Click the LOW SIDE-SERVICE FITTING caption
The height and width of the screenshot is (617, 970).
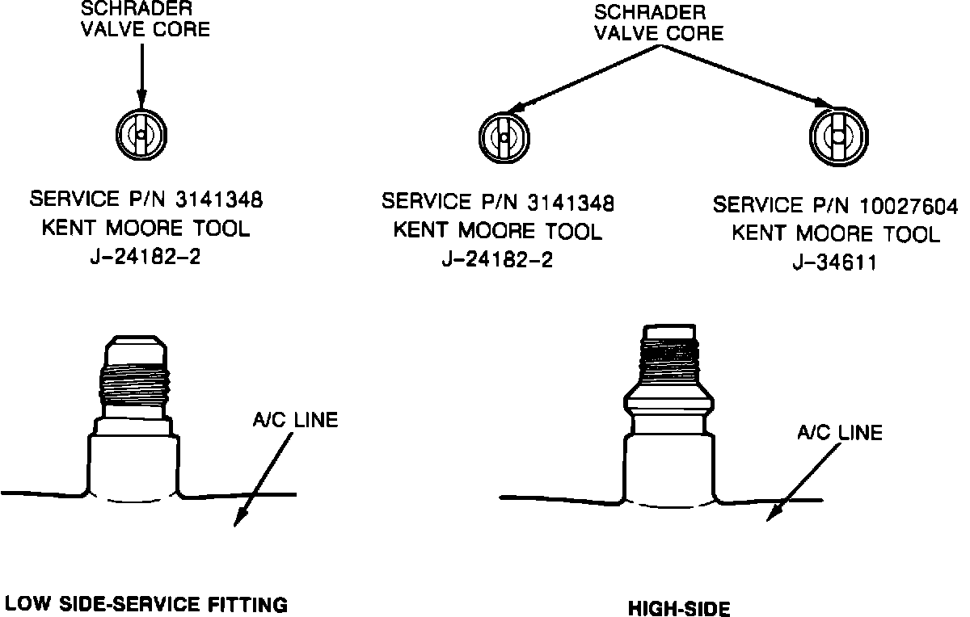(145, 603)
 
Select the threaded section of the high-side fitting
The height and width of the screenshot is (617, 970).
(668, 359)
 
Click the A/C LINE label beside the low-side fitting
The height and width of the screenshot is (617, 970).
(294, 420)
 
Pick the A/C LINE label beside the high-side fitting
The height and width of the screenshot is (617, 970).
(839, 433)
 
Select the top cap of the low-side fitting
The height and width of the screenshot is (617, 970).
(137, 348)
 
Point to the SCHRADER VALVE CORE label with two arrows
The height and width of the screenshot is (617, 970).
(659, 23)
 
